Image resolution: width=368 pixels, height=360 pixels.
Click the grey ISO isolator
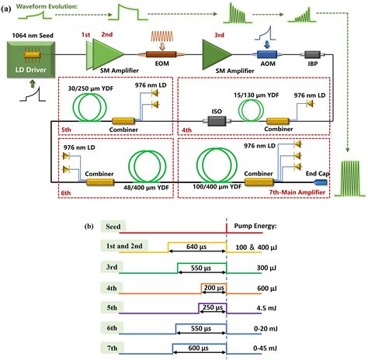(x=213, y=121)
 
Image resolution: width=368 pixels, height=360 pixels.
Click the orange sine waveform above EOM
(x=159, y=36)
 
